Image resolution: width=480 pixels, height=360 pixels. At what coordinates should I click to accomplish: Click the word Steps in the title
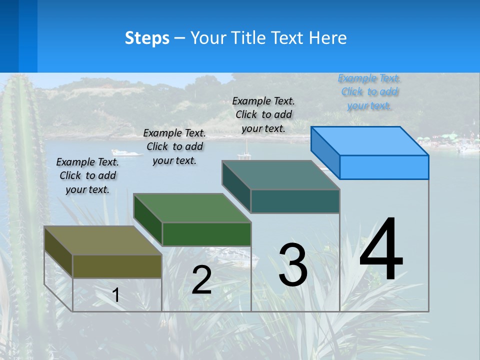147,38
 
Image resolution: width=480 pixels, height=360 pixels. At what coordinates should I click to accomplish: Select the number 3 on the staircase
293,265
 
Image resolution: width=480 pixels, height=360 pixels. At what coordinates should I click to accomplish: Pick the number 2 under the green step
201,280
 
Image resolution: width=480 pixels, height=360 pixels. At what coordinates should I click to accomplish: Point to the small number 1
116,295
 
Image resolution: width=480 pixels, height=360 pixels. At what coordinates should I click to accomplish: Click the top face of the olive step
102,240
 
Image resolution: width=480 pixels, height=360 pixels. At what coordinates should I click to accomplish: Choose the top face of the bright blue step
370,141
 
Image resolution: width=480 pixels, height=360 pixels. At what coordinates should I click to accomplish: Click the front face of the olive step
117,266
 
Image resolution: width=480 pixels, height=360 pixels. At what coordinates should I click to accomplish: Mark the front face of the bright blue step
384,167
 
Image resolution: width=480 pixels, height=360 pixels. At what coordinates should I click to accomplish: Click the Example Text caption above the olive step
87,175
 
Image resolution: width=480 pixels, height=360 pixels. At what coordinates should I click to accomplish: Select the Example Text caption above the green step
174,146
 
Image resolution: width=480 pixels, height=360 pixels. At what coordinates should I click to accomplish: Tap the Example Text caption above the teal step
263,114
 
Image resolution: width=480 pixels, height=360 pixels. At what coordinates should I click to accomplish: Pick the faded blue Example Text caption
369,91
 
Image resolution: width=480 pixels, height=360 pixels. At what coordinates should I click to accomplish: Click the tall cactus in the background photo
22,150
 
